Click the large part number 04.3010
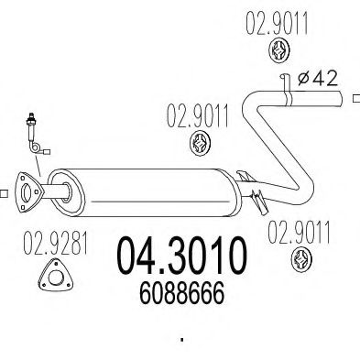coord(182,256)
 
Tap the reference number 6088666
coord(182,293)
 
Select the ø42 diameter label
coord(318,79)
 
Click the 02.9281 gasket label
coord(56,244)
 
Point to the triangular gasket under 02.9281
coord(56,276)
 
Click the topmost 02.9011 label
coord(277,23)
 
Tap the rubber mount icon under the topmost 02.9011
coord(279,50)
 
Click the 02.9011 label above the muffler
coord(198,115)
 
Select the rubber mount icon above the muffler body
coord(201,143)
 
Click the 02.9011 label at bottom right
coord(299,233)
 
